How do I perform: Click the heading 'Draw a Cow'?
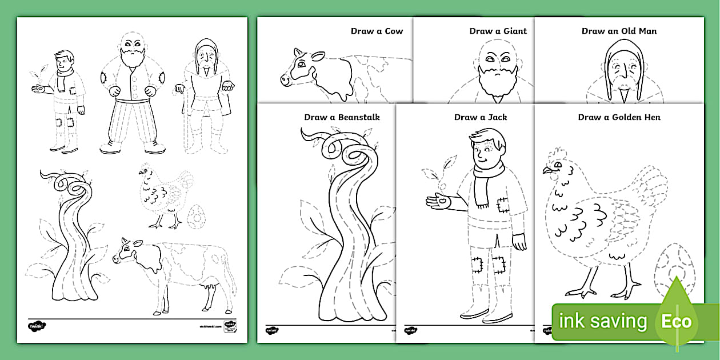click(x=377, y=31)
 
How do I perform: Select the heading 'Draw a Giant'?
click(x=498, y=31)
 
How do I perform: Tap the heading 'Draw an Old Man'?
click(x=619, y=31)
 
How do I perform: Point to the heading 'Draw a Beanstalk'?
click(x=342, y=117)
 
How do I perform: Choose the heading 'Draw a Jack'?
click(x=480, y=117)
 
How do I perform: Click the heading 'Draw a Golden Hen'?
click(x=619, y=117)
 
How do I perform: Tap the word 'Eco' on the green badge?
click(x=676, y=321)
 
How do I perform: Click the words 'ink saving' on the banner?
click(x=603, y=321)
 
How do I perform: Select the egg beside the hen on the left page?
click(x=196, y=217)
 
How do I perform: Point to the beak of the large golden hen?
click(x=547, y=170)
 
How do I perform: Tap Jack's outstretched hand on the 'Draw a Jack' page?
click(x=439, y=201)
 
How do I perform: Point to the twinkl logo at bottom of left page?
click(x=37, y=326)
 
